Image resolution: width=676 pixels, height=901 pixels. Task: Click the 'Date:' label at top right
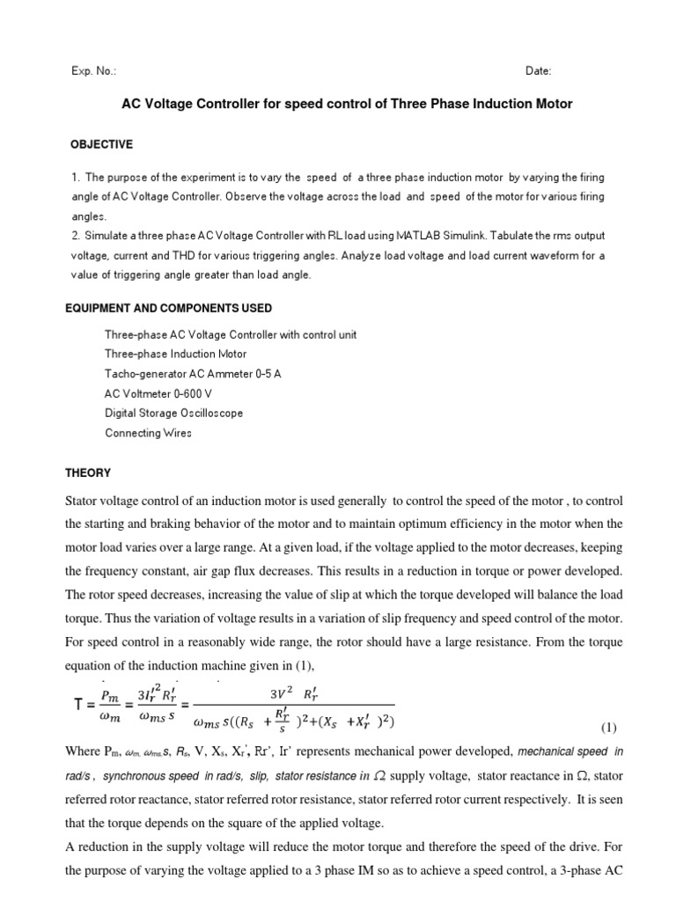(540, 71)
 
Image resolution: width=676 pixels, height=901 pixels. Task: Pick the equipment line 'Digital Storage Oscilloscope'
(173, 413)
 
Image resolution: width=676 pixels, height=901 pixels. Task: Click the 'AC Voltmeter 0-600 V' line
(157, 393)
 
